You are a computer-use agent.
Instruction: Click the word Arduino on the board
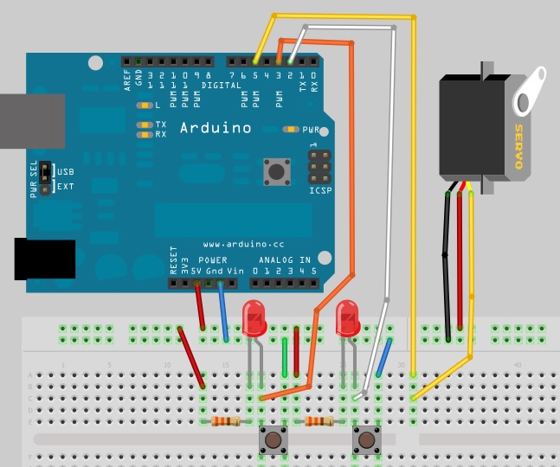tap(216, 128)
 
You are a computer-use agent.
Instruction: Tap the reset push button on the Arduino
tap(277, 170)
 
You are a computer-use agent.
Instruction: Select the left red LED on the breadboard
tap(254, 318)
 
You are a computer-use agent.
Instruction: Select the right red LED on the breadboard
tap(347, 318)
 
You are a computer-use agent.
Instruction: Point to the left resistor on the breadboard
tap(226, 421)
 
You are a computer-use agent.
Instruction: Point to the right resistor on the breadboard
tap(319, 421)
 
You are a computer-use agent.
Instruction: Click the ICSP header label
tap(320, 190)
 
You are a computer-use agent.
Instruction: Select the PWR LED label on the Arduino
tap(311, 130)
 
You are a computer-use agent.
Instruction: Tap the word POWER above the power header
tap(213, 259)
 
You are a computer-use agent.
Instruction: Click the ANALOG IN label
tap(284, 259)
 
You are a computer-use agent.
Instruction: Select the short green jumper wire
tap(286, 357)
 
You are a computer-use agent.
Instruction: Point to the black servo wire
tap(447, 259)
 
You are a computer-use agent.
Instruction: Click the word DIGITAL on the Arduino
tap(222, 86)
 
